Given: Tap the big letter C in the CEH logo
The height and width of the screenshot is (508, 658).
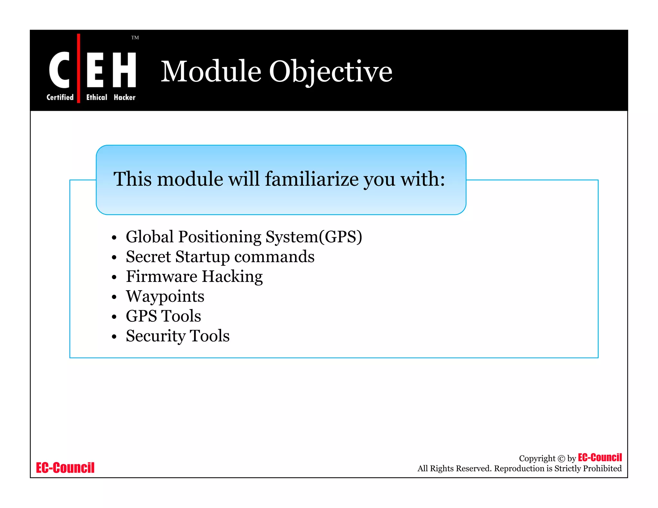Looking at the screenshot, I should point(59,70).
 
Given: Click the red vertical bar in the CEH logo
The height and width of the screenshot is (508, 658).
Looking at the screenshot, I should point(79,68).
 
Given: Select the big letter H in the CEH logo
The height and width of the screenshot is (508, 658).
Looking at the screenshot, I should point(124,70).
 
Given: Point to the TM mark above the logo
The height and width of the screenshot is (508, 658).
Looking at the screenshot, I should point(135,38).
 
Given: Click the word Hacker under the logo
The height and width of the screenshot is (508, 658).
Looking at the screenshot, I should point(124,97).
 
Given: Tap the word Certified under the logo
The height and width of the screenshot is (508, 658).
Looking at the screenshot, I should point(60,97).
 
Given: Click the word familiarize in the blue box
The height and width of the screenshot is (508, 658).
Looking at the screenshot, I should point(312,179).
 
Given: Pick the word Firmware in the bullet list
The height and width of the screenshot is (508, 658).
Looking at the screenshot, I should point(161,276).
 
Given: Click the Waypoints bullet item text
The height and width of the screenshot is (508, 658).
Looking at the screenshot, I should point(165,296).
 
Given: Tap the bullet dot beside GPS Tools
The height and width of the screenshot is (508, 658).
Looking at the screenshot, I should point(114,317).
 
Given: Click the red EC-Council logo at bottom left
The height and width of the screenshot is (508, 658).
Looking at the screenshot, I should point(65,468).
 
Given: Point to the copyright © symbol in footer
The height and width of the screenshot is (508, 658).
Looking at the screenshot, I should point(561,459).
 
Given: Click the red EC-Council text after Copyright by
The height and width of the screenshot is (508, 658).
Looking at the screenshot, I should point(600,457).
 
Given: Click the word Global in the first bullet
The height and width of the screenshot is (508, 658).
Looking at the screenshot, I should point(150,237).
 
